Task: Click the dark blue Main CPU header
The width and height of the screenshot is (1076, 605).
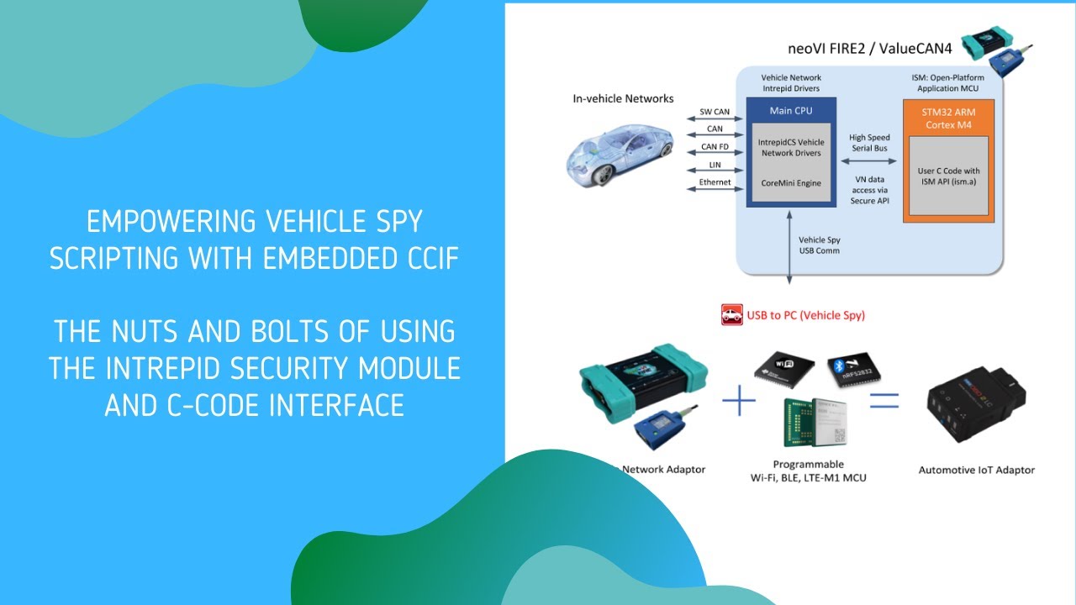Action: coord(790,111)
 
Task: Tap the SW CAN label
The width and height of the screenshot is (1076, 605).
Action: coord(715,112)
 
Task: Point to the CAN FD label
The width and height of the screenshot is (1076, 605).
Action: coord(715,147)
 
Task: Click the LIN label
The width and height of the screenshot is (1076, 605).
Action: coord(715,166)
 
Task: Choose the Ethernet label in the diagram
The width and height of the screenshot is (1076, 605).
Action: coord(715,182)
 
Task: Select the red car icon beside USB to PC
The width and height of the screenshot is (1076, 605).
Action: coord(731,315)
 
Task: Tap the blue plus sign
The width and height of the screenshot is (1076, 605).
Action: coord(739,401)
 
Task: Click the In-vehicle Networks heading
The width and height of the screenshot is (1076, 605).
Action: coord(623,98)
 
